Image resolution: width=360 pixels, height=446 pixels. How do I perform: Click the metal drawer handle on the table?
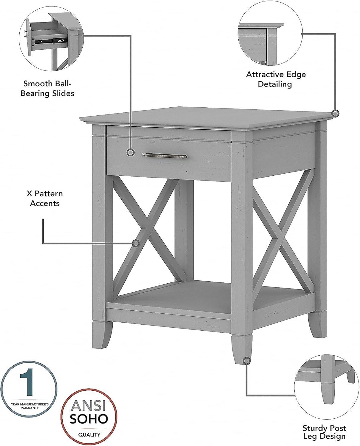164,156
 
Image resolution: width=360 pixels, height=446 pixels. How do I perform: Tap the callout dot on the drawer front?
130,153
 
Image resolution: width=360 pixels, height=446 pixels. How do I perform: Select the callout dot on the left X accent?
136,243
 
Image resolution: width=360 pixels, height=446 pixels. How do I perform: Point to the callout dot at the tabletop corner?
335,113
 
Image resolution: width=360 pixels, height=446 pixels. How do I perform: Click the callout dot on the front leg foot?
246,361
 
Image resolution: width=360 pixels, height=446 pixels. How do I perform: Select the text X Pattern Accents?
45,198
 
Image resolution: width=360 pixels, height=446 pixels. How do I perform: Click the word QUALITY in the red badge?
89,435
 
